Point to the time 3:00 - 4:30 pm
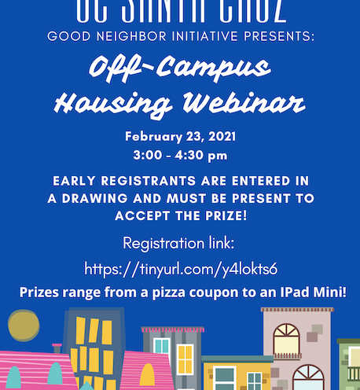click(181, 154)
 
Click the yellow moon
click(24, 326)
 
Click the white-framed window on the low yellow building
click(224, 377)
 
